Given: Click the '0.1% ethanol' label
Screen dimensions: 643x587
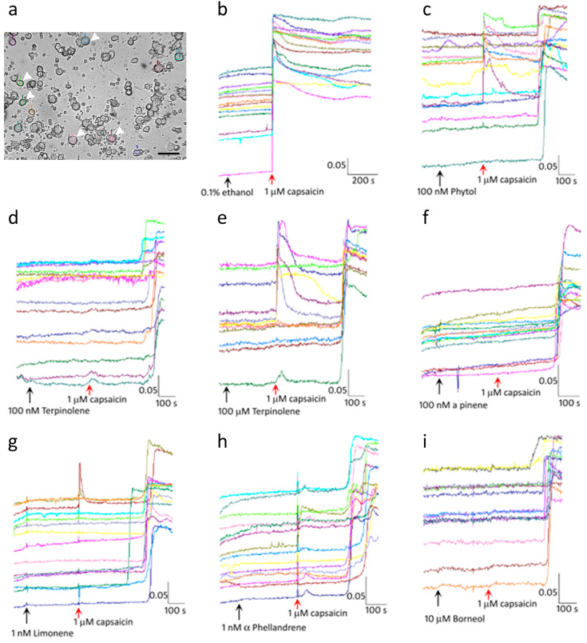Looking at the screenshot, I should tap(226, 191).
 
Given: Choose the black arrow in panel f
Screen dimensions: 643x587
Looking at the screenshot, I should tap(437, 387).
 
